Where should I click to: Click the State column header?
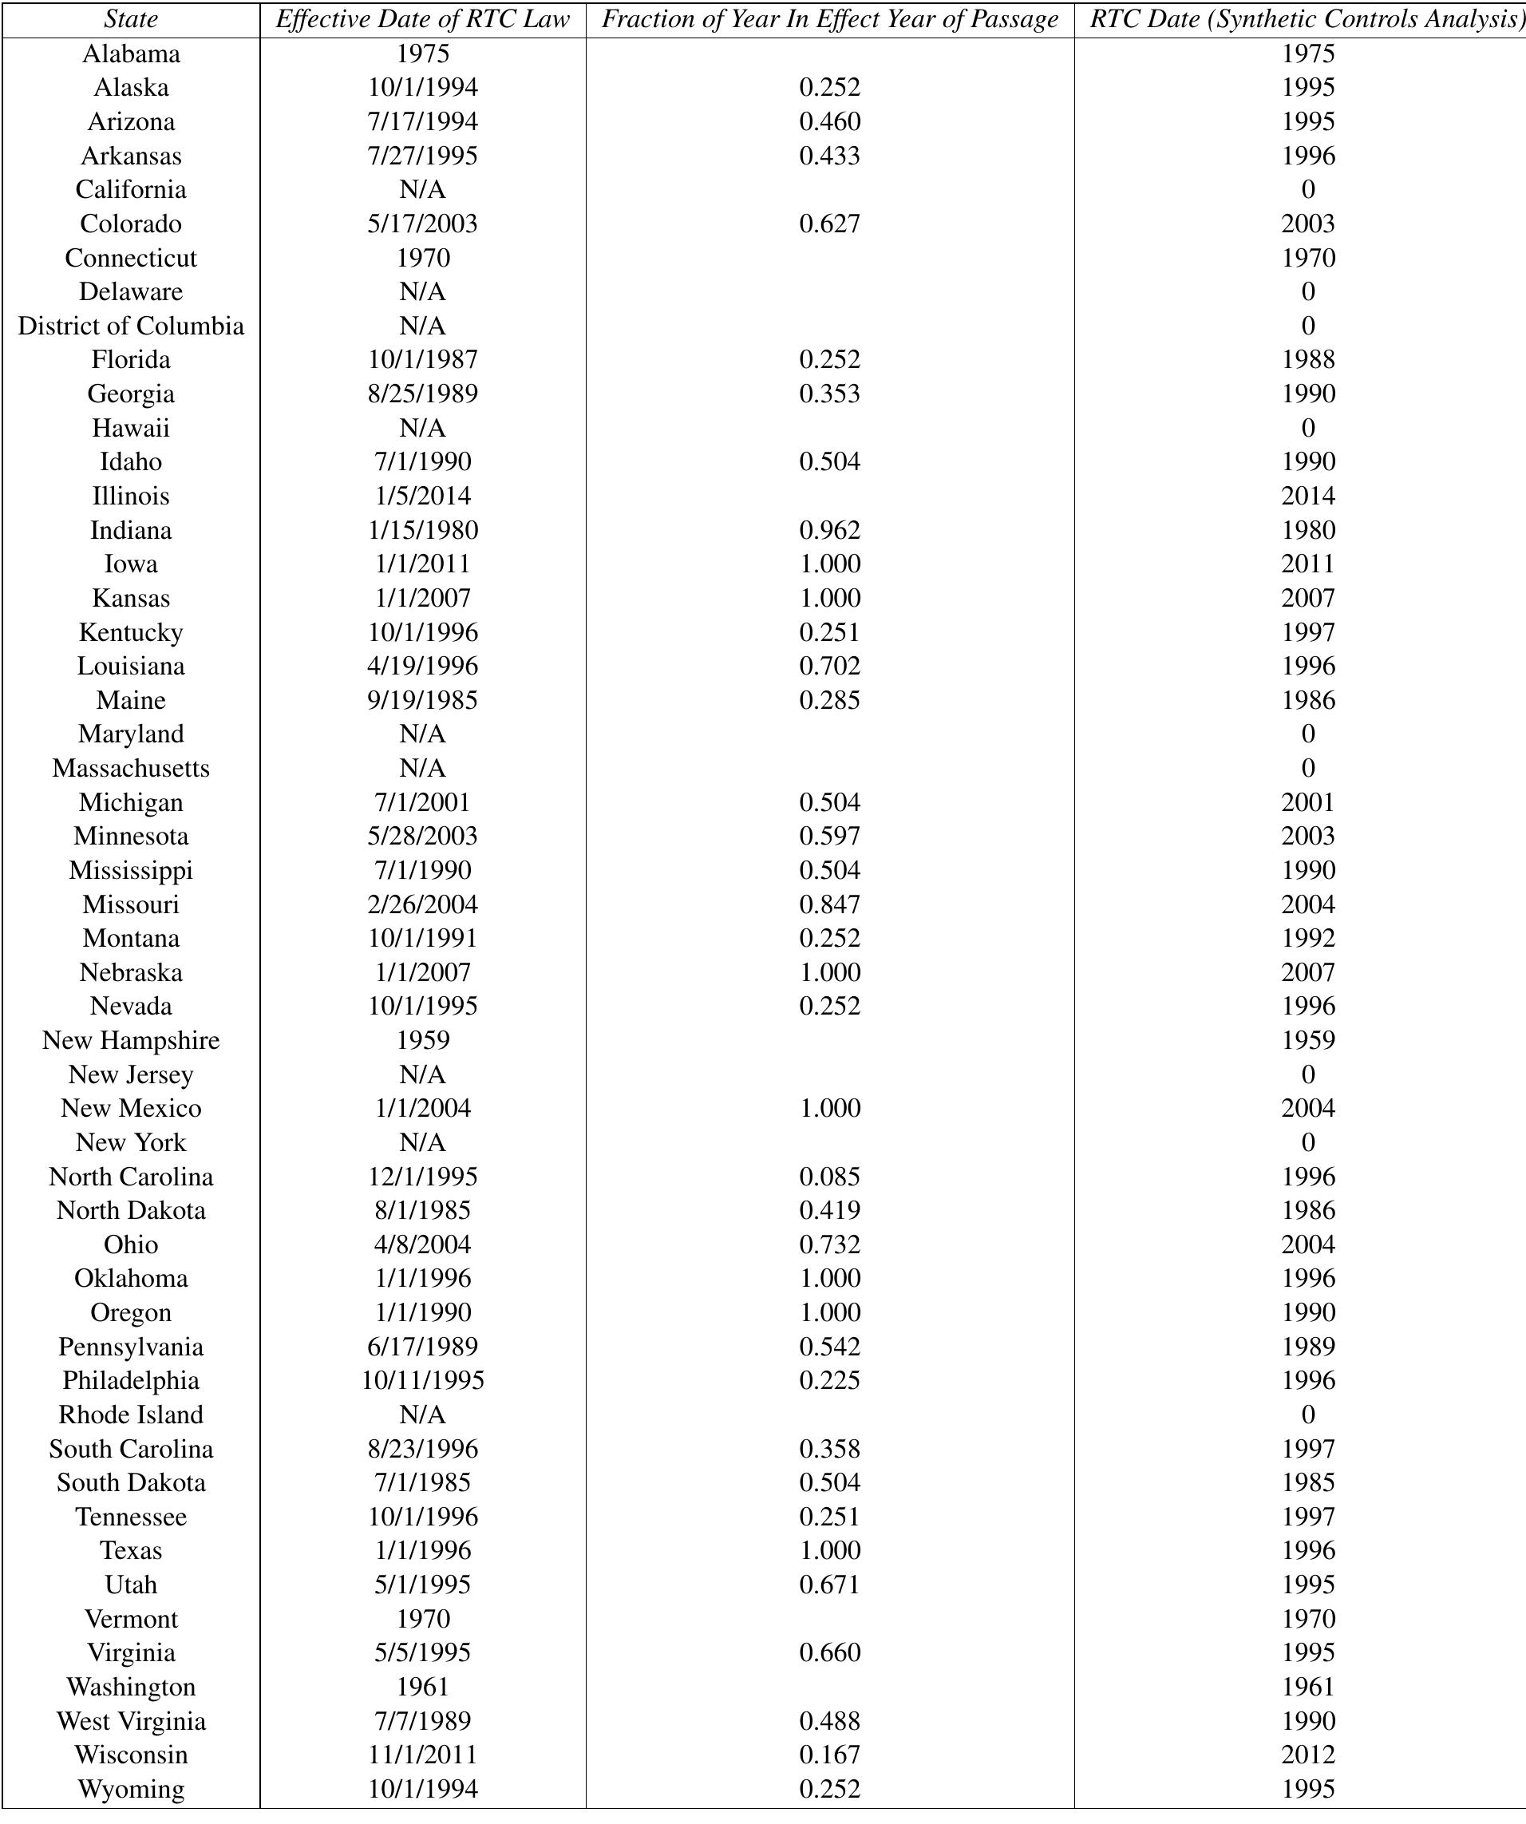pos(130,19)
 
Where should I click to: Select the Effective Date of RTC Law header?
pos(422,19)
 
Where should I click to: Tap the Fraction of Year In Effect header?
pos(829,19)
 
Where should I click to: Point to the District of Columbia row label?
pos(130,326)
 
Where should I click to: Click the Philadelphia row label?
pos(130,1380)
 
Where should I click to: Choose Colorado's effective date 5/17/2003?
pos(422,224)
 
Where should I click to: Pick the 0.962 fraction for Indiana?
pos(829,530)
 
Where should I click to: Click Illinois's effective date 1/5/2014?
pos(422,496)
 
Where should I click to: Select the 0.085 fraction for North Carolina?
pos(829,1176)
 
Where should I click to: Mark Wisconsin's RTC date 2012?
pos(1307,1755)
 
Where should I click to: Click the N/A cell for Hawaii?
pos(422,428)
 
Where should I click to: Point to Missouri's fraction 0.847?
pos(829,904)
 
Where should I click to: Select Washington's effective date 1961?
pos(422,1687)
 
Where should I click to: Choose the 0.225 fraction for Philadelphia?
pos(829,1380)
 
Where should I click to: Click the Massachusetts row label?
pos(130,768)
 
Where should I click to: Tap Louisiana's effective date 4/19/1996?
pos(422,667)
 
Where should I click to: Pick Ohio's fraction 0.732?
pos(829,1244)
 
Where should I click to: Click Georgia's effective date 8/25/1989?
pos(422,394)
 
